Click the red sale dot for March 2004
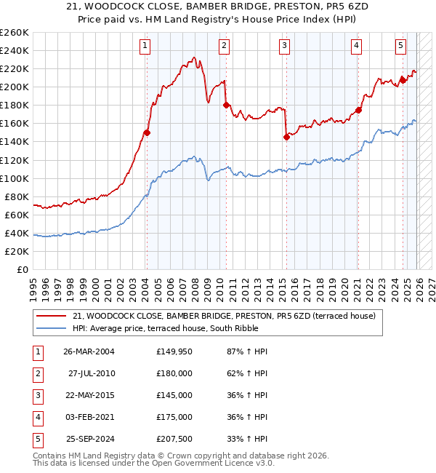pos(147,132)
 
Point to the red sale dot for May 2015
pos(286,137)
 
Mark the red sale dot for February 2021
pos(358,110)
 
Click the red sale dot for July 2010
pos(226,105)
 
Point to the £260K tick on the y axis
pos(15,33)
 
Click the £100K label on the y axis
pos(15,178)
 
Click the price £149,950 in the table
pos(174,351)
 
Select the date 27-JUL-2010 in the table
pos(92,373)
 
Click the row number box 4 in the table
pos(36,417)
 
